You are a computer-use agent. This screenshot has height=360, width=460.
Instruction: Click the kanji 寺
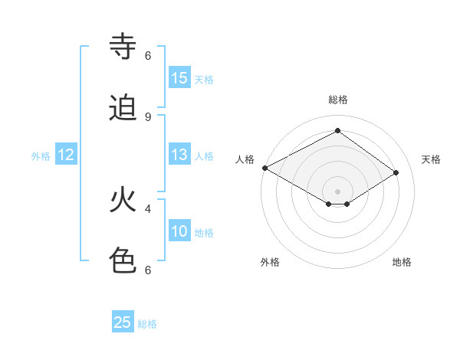click(x=123, y=47)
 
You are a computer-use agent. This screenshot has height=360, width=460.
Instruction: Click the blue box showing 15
click(x=179, y=78)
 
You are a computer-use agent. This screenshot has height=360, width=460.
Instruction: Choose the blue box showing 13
click(x=179, y=155)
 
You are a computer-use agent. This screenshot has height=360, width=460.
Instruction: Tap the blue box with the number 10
click(x=179, y=231)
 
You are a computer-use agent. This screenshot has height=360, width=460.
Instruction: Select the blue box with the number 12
click(x=66, y=155)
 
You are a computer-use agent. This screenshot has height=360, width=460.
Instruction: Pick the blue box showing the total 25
click(x=123, y=322)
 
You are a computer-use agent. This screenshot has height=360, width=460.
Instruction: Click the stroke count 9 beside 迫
click(x=148, y=116)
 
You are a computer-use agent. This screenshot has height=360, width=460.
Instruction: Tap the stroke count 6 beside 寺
click(x=148, y=55)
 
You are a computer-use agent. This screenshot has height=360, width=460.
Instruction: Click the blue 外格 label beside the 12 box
click(x=41, y=155)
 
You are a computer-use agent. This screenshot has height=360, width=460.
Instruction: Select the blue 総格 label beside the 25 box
click(x=147, y=324)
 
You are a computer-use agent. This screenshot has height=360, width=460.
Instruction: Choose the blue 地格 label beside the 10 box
click(x=204, y=233)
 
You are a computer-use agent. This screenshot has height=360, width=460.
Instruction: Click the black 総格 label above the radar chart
click(x=338, y=100)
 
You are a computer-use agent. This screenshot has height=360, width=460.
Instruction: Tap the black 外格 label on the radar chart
click(x=270, y=262)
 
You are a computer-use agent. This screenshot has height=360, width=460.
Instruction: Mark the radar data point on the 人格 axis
click(x=264, y=168)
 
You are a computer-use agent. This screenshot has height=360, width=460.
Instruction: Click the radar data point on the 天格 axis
click(x=396, y=173)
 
